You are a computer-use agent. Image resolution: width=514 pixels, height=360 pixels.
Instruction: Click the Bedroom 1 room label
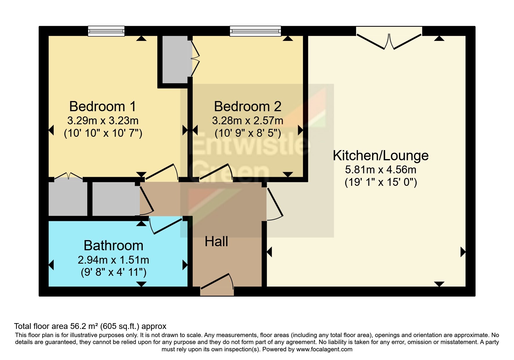click(x=103, y=107)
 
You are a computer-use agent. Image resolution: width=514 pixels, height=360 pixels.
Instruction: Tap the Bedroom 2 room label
click(x=248, y=107)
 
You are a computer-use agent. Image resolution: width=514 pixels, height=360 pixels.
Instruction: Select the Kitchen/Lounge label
click(x=380, y=156)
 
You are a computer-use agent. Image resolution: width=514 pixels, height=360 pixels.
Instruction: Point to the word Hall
click(x=216, y=242)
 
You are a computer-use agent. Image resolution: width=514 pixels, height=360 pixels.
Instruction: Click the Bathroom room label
click(x=113, y=246)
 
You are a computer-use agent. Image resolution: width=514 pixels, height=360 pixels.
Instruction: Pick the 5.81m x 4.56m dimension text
click(x=380, y=170)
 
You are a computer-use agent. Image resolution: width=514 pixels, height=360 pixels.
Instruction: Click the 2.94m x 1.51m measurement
click(x=113, y=260)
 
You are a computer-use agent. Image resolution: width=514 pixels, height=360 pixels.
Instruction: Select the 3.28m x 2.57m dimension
click(x=248, y=120)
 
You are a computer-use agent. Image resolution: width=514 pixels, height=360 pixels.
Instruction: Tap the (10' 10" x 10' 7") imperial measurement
click(x=103, y=133)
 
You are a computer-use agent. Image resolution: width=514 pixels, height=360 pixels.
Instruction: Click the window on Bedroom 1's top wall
click(x=106, y=31)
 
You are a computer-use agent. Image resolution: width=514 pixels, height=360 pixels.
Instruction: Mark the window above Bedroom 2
click(x=255, y=31)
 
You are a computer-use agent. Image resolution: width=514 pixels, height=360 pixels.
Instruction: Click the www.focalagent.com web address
click(x=324, y=349)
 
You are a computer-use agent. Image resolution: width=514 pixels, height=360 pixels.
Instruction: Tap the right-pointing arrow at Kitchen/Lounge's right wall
click(x=463, y=252)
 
